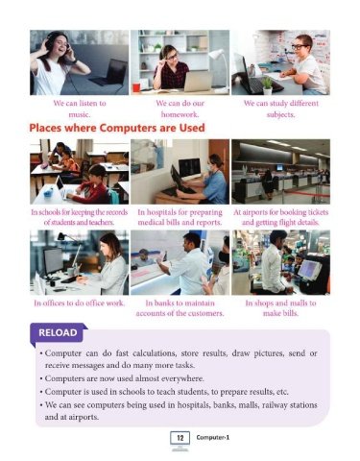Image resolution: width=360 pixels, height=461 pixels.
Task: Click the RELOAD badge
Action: pos(58,333)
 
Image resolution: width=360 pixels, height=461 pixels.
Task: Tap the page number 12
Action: pos(180,438)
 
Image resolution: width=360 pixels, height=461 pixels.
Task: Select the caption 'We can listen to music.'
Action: pos(80,109)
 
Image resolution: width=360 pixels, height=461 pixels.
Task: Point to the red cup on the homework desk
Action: pos(136,87)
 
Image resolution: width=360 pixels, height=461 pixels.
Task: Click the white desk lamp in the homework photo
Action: pos(220,65)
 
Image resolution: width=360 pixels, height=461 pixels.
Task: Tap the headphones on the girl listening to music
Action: pos(54,42)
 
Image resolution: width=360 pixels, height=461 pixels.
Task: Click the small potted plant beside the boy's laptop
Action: pos(267,85)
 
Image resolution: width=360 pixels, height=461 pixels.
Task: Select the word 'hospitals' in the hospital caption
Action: pos(160,213)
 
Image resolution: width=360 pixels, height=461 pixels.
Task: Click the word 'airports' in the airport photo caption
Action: pos(255,212)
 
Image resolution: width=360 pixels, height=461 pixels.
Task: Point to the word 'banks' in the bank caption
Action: pos(164,303)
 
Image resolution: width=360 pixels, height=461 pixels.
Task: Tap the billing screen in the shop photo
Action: pos(309,269)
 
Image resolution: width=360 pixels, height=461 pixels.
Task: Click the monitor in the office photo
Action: pos(53,260)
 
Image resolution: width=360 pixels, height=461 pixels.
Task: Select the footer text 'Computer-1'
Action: pos(213,438)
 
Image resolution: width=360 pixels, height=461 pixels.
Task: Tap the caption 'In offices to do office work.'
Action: pos(80,303)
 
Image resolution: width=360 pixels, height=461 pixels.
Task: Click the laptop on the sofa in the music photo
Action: pos(108,72)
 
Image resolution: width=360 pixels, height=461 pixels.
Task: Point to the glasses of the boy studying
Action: pos(300,47)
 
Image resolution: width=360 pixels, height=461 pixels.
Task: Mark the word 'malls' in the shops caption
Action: pos(299,303)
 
